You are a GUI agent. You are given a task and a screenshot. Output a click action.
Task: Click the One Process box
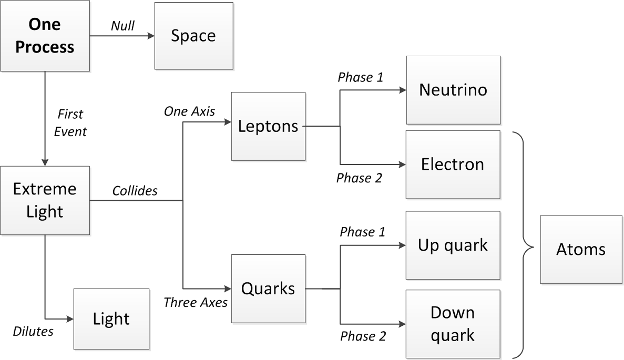coord(45,36)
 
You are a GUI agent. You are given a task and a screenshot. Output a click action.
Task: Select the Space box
coord(193,36)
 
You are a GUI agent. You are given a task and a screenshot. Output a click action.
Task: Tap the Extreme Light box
coord(45,200)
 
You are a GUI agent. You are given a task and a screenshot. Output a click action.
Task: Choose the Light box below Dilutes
coord(111,318)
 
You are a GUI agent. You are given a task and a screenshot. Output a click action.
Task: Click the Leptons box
coord(268,126)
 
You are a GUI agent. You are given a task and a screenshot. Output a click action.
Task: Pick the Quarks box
coord(268,289)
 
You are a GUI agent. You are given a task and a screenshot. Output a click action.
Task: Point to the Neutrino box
coord(453,89)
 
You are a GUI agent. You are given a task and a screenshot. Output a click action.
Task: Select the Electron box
coord(453,164)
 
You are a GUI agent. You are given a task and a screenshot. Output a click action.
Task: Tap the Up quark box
coord(453,245)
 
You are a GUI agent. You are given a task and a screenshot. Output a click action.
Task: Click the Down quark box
coord(453,324)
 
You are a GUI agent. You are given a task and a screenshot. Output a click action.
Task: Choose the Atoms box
coord(580,249)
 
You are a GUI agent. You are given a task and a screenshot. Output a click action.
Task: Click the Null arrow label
coord(122,25)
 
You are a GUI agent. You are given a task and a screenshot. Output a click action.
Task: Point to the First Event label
coord(70,122)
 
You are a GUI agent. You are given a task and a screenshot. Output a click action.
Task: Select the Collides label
coord(135,191)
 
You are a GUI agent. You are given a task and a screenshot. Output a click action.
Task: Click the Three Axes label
coord(195,302)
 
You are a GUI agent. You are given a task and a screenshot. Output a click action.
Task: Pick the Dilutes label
coord(33,331)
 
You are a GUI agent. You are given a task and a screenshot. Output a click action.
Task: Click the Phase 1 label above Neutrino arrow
coord(360,77)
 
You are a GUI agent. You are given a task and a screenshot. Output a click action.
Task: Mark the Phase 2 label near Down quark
coord(363,336)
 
